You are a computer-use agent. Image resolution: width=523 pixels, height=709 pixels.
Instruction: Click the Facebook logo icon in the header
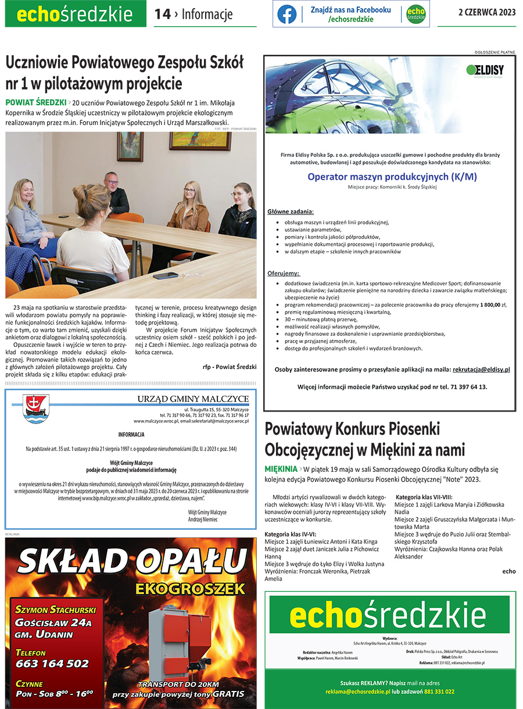tap(287, 14)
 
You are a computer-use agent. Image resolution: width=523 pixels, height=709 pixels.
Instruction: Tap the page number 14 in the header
tap(163, 15)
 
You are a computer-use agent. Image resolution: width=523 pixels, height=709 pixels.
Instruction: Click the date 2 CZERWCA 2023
tap(487, 12)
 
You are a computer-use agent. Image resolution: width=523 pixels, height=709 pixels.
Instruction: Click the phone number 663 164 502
tap(52, 663)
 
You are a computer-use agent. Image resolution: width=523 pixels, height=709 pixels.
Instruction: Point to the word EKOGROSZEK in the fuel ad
tap(190, 589)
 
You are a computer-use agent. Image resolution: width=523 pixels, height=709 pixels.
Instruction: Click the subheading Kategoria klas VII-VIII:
tap(424, 497)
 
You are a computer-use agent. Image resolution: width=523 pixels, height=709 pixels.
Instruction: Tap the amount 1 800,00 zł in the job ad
tap(493, 305)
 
